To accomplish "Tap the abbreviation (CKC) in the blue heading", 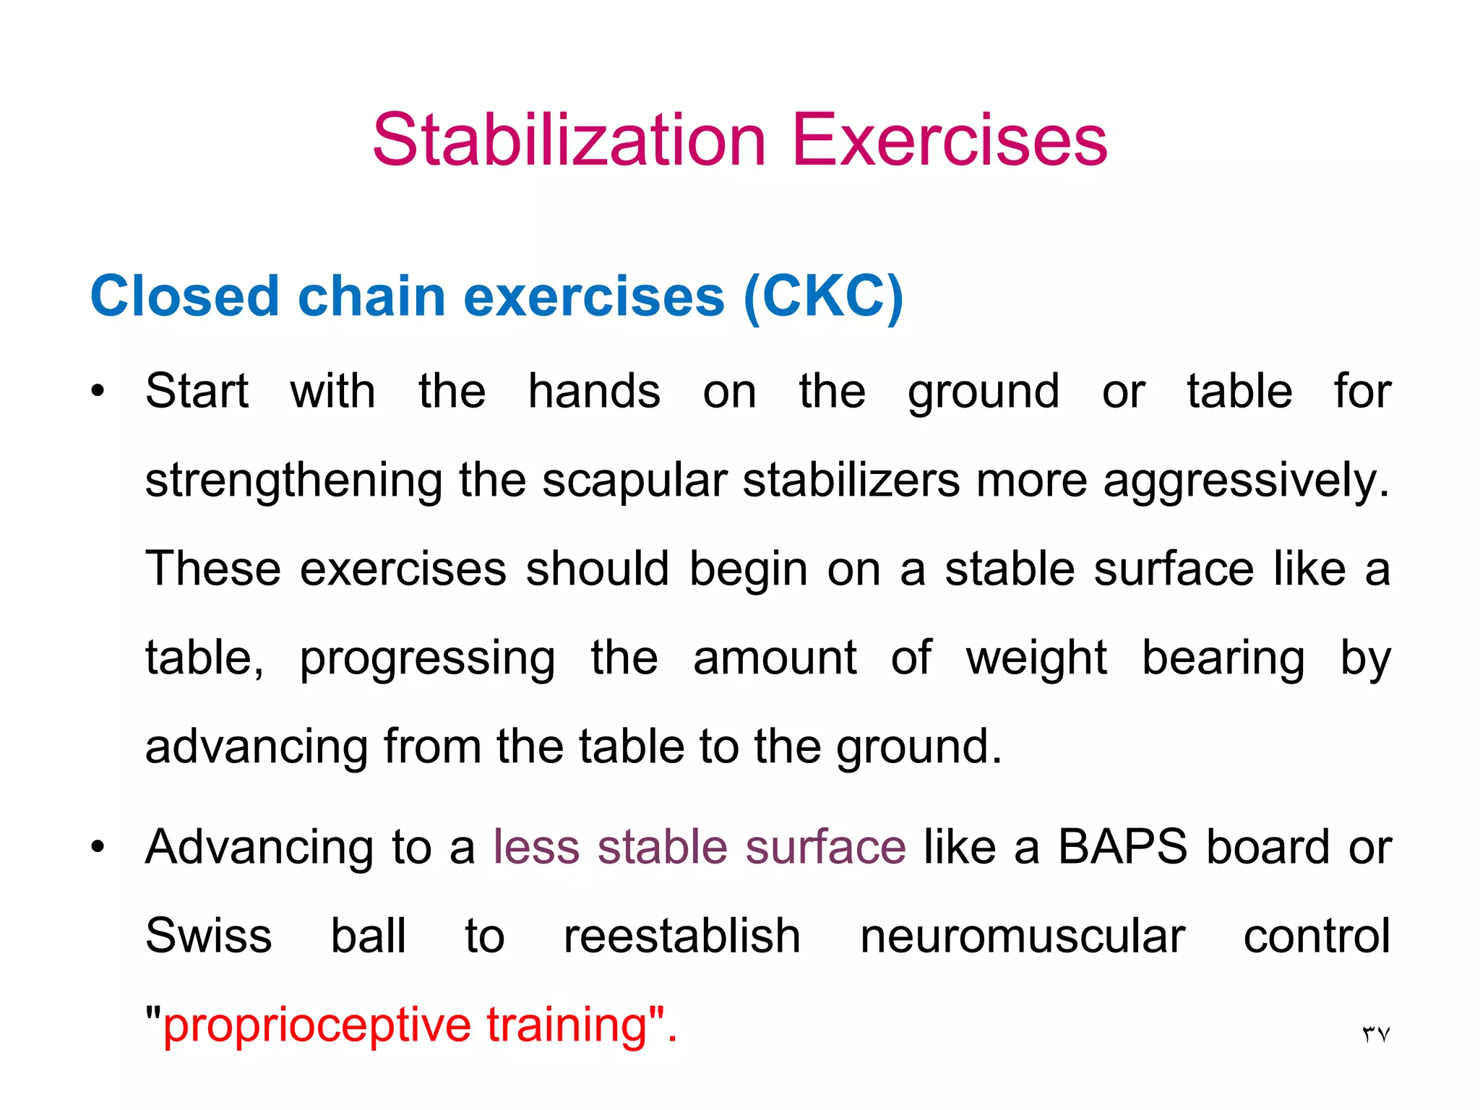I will click(823, 296).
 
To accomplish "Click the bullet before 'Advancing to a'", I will click(98, 846).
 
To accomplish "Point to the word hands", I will click(594, 392).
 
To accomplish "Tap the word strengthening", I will click(293, 481).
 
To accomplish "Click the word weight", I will click(1036, 658).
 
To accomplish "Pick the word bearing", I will click(1223, 658).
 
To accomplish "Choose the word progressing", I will click(428, 658).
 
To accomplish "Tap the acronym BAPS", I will click(1122, 846).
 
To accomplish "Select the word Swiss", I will click(209, 936).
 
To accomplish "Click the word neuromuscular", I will click(1022, 936).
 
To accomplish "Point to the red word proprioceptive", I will click(317, 1025).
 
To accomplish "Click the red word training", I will click(567, 1025).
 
